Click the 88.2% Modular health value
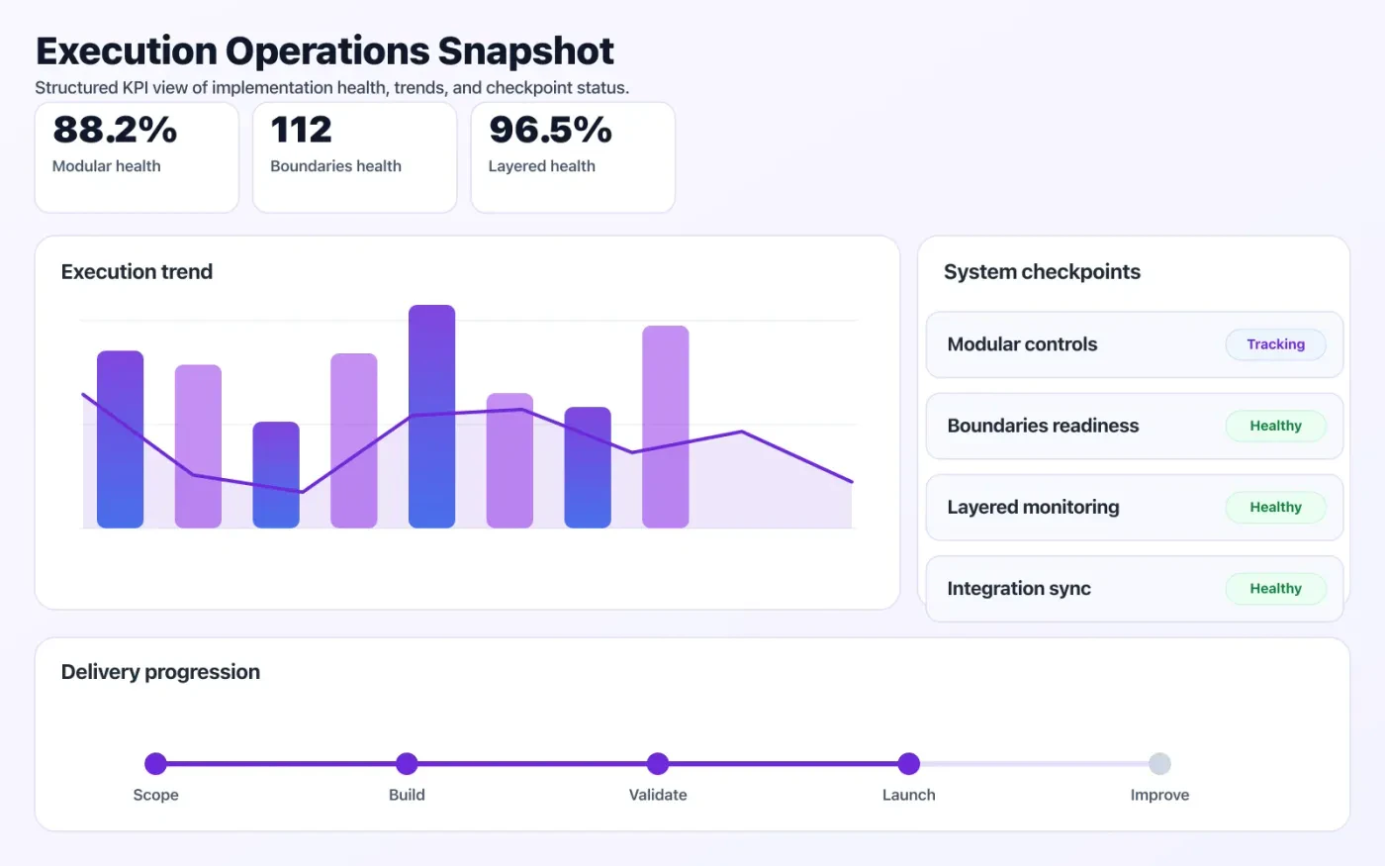[115, 130]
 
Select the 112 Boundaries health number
[301, 130]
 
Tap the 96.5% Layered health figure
[550, 130]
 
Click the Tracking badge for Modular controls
[1275, 344]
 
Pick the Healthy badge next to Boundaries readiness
[1275, 426]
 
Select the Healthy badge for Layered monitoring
[1275, 507]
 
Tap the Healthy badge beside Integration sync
[1275, 588]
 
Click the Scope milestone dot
[155, 763]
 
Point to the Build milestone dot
[407, 763]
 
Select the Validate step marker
[658, 763]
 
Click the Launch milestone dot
[909, 763]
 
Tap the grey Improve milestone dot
[1159, 763]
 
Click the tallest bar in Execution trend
[431, 416]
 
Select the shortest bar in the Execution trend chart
[276, 475]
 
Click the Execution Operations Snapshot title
[324, 51]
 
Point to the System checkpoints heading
[1042, 272]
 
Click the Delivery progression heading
[160, 672]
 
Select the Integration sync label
[1019, 589]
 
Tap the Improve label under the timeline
[1159, 795]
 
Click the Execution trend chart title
[137, 272]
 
